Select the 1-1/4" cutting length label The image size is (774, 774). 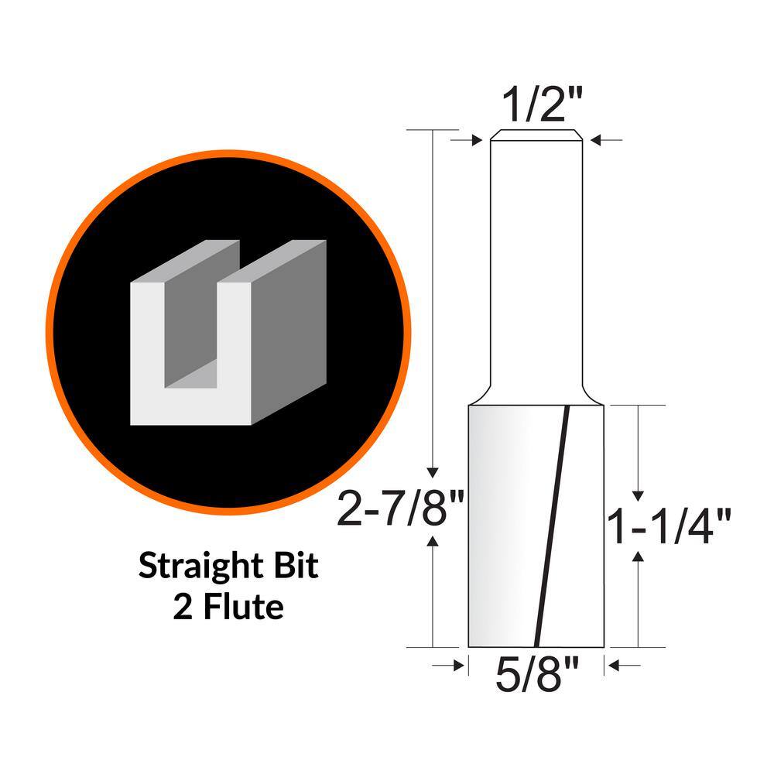point(670,526)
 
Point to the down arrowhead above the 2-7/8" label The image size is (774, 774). point(433,473)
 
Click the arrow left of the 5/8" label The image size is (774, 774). point(450,664)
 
